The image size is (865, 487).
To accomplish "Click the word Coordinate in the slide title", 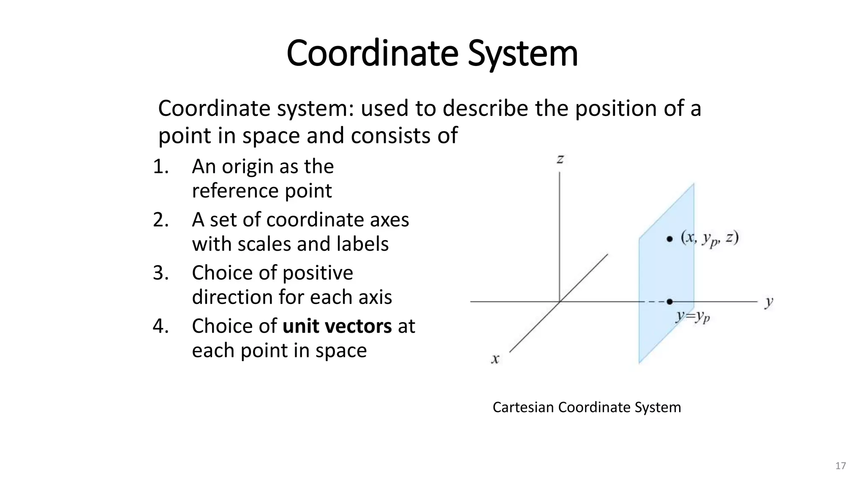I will [372, 54].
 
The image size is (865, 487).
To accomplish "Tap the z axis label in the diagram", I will [560, 159].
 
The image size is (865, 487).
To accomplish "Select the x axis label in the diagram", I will [495, 359].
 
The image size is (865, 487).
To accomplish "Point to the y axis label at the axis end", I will [769, 302].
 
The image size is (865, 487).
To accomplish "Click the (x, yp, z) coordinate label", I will [709, 239].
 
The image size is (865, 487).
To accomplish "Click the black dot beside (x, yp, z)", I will [669, 239].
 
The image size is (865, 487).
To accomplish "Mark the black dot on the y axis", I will [669, 301].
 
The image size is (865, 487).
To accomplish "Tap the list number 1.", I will [160, 167].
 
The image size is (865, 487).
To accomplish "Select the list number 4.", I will [160, 326].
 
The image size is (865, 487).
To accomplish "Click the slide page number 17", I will [841, 466].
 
